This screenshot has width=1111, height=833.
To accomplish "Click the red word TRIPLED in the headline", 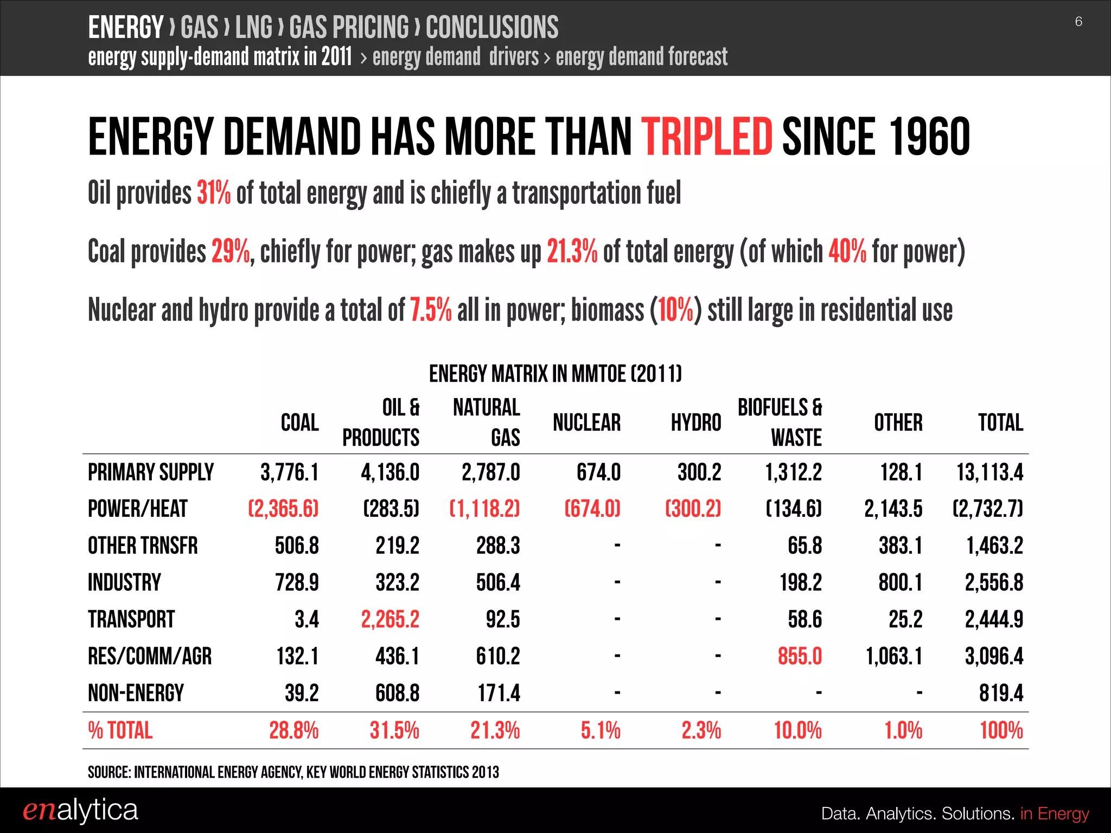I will (x=706, y=137).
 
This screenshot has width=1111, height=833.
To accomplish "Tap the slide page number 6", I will (x=1078, y=22).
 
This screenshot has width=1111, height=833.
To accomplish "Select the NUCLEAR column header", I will (x=586, y=422).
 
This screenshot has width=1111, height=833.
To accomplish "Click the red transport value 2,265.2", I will (x=390, y=619).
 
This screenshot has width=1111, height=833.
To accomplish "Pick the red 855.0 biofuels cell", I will (x=800, y=656).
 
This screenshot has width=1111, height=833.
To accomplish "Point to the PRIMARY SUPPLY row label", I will (x=151, y=472).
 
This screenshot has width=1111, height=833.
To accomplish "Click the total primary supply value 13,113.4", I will (x=989, y=472).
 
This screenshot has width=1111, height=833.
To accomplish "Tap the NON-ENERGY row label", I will (x=136, y=693).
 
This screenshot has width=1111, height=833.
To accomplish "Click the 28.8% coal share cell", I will (x=293, y=731).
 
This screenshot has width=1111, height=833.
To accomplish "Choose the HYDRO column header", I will (x=695, y=422).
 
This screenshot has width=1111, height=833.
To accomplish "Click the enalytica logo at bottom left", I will (x=80, y=810).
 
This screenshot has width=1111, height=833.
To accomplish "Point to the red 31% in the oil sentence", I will (x=213, y=193).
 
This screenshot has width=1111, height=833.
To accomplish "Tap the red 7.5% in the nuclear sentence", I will (x=430, y=310).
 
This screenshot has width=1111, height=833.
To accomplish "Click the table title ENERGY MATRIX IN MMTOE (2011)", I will (x=555, y=374).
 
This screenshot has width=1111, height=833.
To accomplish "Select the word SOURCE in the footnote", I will (x=108, y=772).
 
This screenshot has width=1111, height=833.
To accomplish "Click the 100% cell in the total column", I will (x=1001, y=731).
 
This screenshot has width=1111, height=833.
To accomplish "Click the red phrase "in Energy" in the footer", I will (x=1054, y=813).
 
